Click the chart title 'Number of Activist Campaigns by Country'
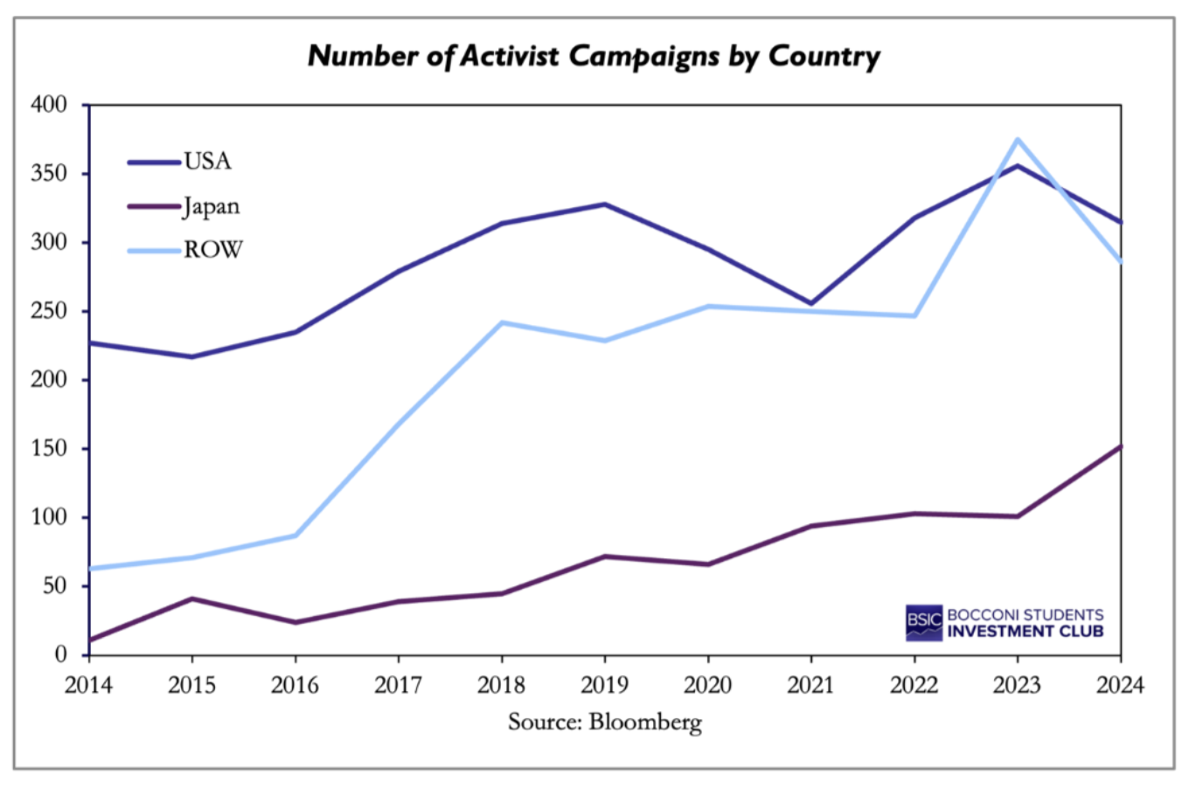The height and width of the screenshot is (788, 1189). (594, 56)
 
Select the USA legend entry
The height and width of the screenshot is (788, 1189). (207, 162)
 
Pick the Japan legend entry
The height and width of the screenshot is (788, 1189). (211, 207)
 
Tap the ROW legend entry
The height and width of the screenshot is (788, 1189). (212, 251)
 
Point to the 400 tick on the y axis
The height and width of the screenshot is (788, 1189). (49, 105)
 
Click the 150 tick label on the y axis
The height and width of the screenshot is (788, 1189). (49, 449)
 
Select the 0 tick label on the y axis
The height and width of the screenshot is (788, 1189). (60, 654)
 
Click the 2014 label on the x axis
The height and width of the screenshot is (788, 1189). (88, 685)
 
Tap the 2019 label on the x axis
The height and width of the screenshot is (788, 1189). (604, 685)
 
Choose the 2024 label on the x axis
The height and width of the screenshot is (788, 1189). (1120, 685)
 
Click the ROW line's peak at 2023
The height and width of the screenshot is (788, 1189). (1018, 139)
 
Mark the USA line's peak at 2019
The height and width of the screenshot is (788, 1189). (604, 204)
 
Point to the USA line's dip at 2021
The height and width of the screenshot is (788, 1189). (811, 303)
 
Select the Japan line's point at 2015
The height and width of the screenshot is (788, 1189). (191, 598)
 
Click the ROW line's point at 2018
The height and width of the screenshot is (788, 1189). (502, 322)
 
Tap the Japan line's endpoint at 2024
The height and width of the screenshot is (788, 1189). (1120, 446)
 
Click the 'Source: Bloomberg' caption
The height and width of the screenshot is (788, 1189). (604, 722)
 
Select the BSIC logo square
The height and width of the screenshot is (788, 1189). (924, 622)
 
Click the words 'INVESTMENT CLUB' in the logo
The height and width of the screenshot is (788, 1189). (1026, 632)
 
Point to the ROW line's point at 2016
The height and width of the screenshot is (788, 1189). (296, 535)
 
